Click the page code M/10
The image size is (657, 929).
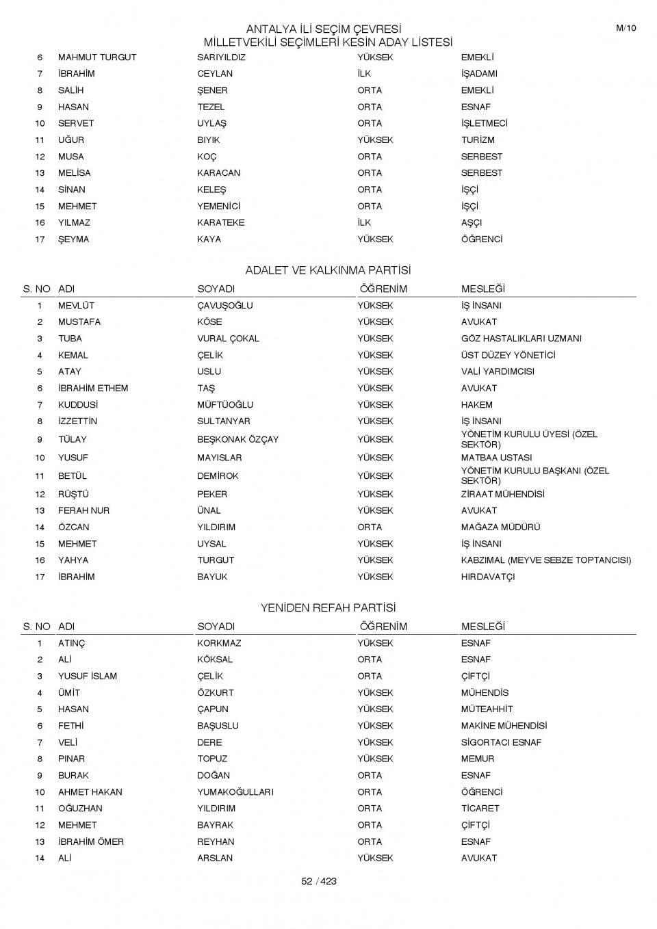click(x=626, y=28)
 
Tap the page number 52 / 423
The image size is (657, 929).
click(x=319, y=881)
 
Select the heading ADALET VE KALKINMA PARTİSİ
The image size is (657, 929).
click(x=328, y=270)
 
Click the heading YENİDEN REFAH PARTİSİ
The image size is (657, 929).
click(x=328, y=607)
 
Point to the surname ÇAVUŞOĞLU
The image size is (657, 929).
click(x=225, y=306)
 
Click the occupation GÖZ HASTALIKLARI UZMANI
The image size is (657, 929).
click(x=521, y=339)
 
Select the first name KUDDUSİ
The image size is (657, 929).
click(x=78, y=405)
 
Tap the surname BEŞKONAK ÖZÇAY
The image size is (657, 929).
click(x=238, y=439)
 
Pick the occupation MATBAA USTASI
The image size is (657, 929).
click(x=497, y=458)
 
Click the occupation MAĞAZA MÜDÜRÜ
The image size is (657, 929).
click(x=501, y=527)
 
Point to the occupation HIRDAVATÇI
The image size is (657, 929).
click(x=488, y=577)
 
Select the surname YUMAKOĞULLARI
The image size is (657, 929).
click(x=235, y=792)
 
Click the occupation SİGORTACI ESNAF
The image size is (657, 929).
click(x=501, y=742)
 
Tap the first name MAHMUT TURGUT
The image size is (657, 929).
click(x=97, y=57)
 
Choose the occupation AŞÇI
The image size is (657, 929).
click(x=472, y=223)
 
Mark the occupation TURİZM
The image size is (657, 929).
click(x=478, y=140)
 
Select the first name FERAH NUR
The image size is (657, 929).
click(x=83, y=511)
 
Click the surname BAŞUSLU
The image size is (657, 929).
click(x=218, y=726)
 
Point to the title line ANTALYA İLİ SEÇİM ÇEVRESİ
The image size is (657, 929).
click(x=323, y=29)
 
